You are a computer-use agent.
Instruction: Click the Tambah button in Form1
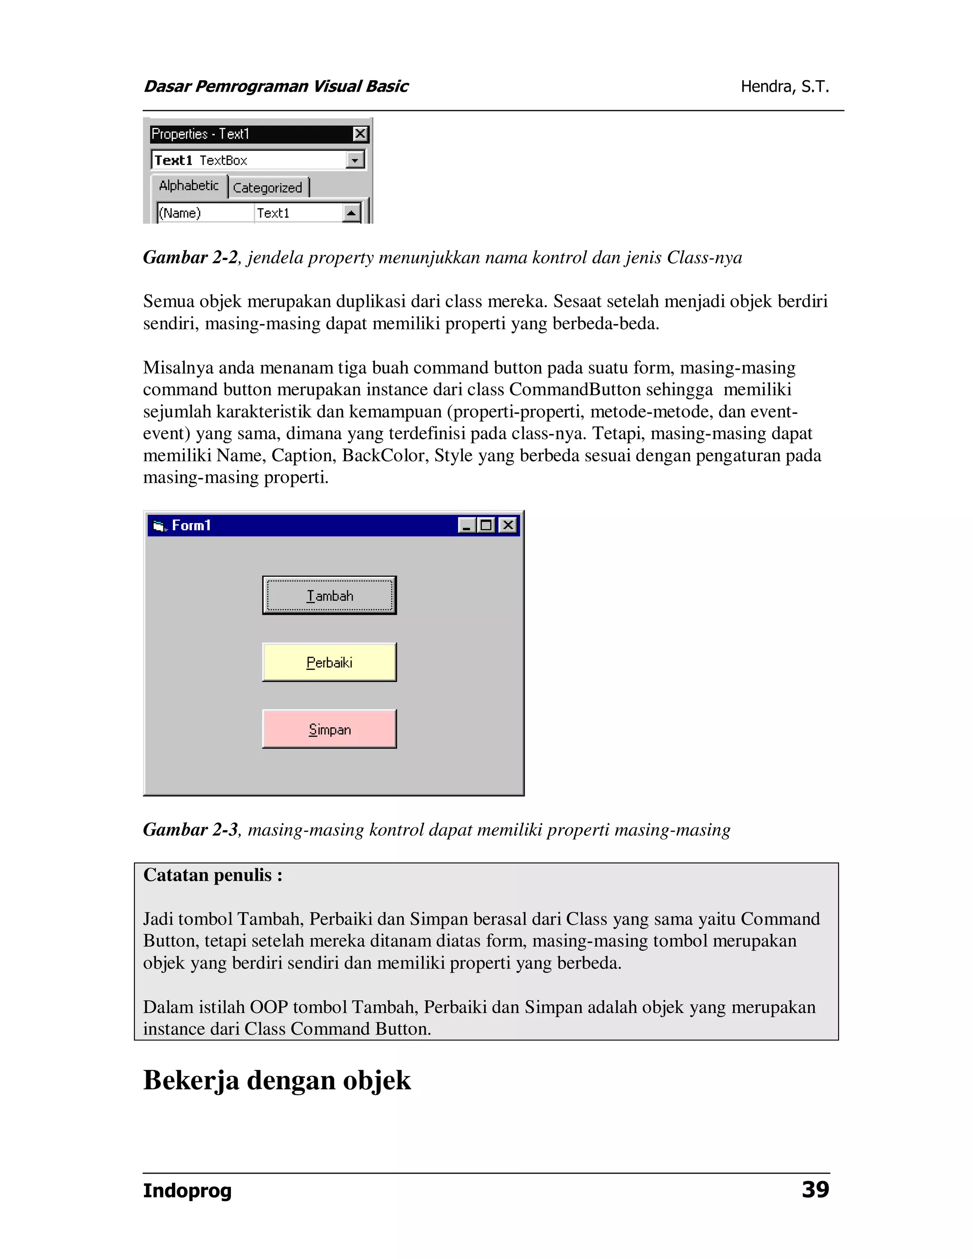(x=329, y=595)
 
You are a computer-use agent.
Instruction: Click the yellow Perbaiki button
(x=329, y=662)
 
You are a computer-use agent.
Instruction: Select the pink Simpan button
(x=329, y=729)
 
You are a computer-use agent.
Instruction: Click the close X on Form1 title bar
(x=508, y=525)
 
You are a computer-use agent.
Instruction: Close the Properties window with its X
(x=360, y=134)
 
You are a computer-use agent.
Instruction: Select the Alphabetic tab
(x=189, y=186)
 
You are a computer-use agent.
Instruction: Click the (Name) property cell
(x=205, y=213)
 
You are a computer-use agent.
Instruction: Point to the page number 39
(x=815, y=1190)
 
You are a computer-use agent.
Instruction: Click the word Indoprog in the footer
(x=187, y=1191)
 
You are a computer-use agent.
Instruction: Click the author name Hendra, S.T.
(x=784, y=86)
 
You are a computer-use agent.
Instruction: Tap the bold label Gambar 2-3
(x=190, y=830)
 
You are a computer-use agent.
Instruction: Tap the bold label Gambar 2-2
(x=190, y=257)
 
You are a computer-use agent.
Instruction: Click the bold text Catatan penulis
(x=212, y=875)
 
